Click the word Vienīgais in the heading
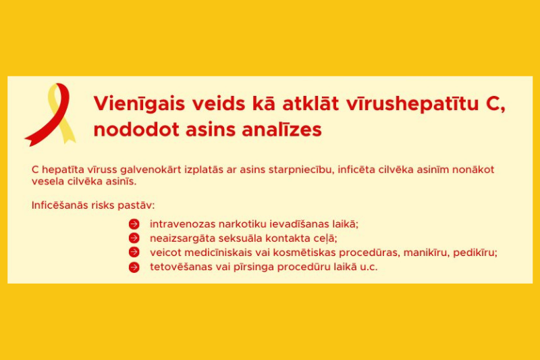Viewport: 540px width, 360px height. point(139,104)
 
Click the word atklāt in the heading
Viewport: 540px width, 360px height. point(310,103)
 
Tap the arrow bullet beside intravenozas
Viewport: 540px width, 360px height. point(134,224)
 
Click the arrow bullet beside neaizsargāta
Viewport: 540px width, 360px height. point(134,238)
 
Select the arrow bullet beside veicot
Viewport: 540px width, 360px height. point(134,252)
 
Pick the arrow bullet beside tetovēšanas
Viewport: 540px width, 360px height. point(134,267)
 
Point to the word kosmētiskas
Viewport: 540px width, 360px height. point(304,253)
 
